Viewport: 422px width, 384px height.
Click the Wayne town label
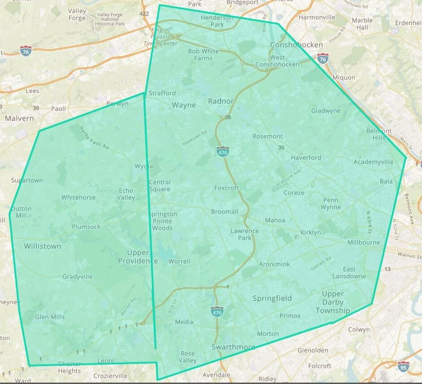(x=184, y=105)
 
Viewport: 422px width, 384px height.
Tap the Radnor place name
(x=221, y=101)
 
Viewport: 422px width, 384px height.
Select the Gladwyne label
(x=326, y=111)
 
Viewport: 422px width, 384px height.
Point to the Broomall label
(x=225, y=211)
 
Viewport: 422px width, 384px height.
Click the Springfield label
(x=272, y=298)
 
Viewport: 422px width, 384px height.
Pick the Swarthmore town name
(x=233, y=347)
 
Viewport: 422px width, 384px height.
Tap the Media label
(x=184, y=322)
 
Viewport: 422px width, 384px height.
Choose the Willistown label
(x=43, y=246)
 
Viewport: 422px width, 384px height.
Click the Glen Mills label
(x=50, y=317)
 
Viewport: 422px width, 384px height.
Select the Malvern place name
(x=19, y=118)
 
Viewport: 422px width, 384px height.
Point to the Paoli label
(x=58, y=109)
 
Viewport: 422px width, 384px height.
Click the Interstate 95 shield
(x=403, y=366)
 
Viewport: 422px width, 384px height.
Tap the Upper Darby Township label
(x=333, y=302)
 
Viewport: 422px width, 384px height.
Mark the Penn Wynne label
(x=331, y=204)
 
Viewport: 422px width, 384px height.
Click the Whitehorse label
(x=78, y=197)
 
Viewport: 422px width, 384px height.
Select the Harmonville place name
(x=317, y=17)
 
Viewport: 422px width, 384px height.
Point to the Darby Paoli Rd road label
(x=94, y=138)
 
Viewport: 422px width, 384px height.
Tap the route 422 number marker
(x=144, y=14)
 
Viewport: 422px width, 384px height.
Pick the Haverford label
(x=306, y=157)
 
